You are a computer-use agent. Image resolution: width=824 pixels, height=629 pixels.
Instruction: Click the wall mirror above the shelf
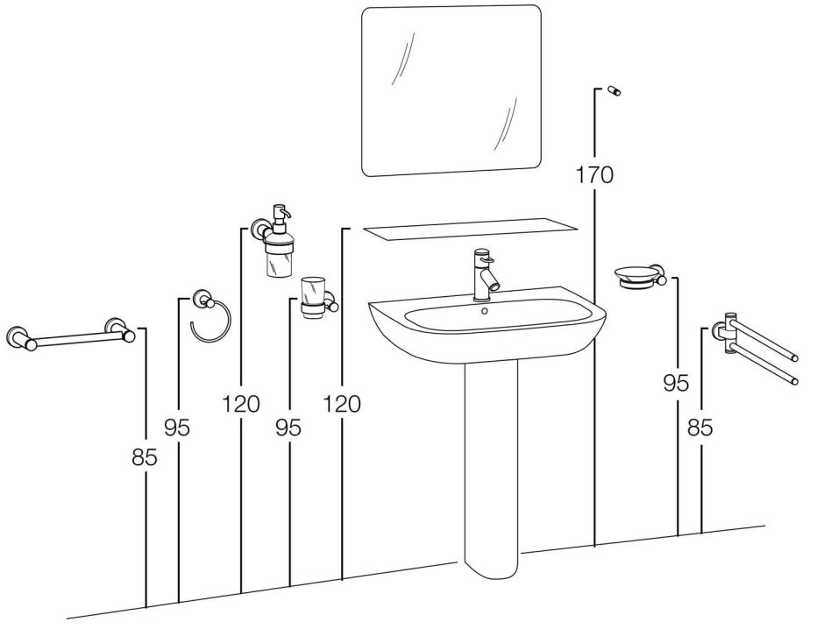[x=451, y=90]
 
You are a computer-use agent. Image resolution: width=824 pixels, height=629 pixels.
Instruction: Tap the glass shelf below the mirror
[x=470, y=230]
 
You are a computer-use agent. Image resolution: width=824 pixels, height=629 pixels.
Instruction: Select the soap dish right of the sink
[x=638, y=278]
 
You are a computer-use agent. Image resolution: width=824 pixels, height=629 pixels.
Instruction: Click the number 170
[x=594, y=174]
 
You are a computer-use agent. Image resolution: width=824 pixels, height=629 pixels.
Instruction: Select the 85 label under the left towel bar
[x=145, y=456]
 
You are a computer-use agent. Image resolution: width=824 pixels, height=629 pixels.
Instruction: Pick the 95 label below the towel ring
[x=177, y=428]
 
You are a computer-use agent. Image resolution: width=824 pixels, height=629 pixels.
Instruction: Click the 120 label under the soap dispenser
[x=240, y=404]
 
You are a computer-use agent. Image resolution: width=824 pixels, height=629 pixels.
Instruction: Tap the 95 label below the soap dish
[x=676, y=383]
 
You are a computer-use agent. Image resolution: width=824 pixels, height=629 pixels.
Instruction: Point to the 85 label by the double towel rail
[x=700, y=428]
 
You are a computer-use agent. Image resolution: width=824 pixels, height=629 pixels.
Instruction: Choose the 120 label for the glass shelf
[x=342, y=404]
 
